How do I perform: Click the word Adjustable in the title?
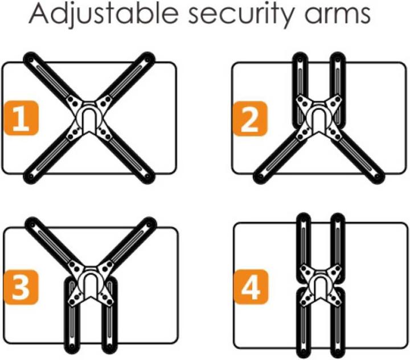[x=102, y=14]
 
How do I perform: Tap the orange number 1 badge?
[x=22, y=118]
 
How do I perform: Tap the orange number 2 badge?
[x=250, y=119]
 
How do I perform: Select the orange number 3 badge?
[x=22, y=287]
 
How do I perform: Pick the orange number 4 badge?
[x=251, y=287]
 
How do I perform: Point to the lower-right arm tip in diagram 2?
[x=377, y=177]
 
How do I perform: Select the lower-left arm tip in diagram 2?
[x=260, y=177]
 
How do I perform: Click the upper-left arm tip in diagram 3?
[x=32, y=224]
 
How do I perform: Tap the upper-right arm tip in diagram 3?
[x=149, y=224]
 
